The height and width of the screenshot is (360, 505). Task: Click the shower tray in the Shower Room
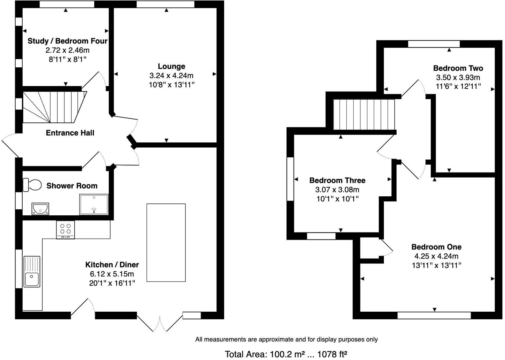[x=94, y=204]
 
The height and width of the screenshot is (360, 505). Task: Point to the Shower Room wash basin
[x=40, y=209]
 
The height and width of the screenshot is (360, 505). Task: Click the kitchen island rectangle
[x=166, y=243]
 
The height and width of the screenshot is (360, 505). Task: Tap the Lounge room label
[x=171, y=66]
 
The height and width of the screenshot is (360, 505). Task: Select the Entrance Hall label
[x=70, y=133]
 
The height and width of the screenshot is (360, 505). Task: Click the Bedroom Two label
[x=458, y=68]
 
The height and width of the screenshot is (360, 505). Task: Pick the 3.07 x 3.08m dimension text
[x=337, y=190]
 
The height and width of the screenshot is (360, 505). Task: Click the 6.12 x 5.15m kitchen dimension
[x=112, y=274]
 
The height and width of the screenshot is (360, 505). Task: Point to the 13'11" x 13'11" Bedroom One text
[x=436, y=265]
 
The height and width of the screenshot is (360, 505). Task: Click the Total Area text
[x=286, y=354]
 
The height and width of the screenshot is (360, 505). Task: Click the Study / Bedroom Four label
[x=67, y=41]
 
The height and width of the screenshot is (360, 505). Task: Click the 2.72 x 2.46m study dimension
[x=67, y=50]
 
